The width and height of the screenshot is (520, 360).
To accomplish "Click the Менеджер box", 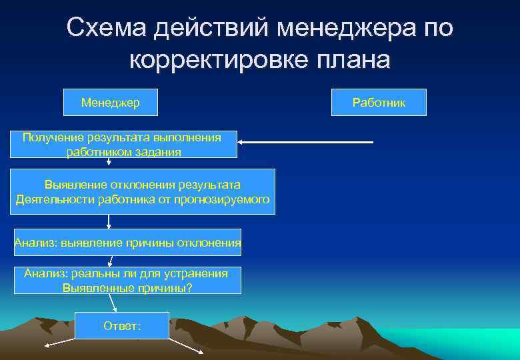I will pyautogui.click(x=110, y=103).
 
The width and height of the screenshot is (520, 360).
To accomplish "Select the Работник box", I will pyautogui.click(x=379, y=103).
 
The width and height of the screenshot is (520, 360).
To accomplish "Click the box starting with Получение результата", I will pyautogui.click(x=123, y=144).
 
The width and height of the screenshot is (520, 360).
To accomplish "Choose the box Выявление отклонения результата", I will pyautogui.click(x=142, y=191).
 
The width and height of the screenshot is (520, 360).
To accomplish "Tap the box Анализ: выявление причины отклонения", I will pyautogui.click(x=127, y=243).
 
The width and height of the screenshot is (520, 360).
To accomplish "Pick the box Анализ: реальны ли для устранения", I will pyautogui.click(x=127, y=280).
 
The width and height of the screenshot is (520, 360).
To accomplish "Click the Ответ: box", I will pyautogui.click(x=123, y=325).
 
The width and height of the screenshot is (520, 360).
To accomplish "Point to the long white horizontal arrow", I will pyautogui.click(x=307, y=142).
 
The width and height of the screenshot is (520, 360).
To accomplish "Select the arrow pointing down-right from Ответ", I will pyautogui.click(x=186, y=345).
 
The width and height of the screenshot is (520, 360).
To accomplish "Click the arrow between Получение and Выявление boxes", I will pyautogui.click(x=109, y=163).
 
